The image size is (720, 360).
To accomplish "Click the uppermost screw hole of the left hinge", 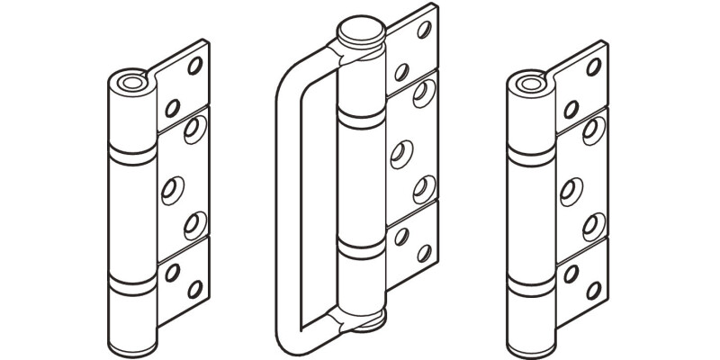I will (x=195, y=65).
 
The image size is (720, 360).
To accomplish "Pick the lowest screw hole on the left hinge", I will (x=194, y=289).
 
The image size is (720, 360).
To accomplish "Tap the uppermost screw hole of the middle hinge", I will (x=424, y=29).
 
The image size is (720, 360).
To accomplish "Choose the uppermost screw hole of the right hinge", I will (x=594, y=65).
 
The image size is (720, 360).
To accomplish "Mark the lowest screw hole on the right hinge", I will (x=593, y=289).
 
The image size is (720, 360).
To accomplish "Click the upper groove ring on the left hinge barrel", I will (x=131, y=152).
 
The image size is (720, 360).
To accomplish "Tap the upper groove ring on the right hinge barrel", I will (x=530, y=152).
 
